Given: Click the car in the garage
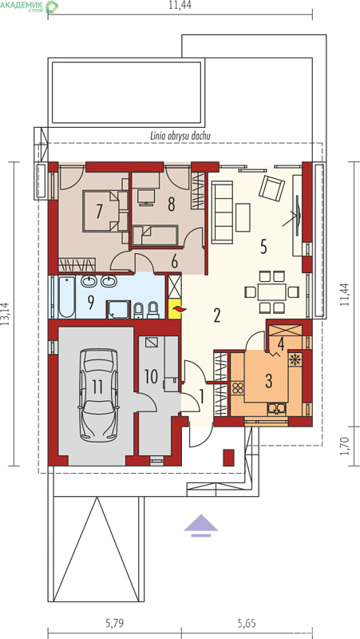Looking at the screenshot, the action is click(x=98, y=395).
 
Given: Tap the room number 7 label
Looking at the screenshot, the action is click(x=98, y=212).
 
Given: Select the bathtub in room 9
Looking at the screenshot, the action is click(x=66, y=297).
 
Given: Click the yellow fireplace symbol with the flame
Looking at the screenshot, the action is click(x=176, y=310).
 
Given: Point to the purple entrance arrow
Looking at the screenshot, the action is click(x=201, y=525).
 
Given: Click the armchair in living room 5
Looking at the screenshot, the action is click(x=272, y=188).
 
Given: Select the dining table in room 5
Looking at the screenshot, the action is click(x=272, y=292).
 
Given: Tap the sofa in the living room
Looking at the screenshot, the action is click(x=223, y=212).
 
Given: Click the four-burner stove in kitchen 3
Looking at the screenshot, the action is click(x=237, y=387).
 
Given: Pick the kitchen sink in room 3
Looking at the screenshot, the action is click(x=277, y=408).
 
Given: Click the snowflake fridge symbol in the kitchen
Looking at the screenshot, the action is click(x=294, y=359).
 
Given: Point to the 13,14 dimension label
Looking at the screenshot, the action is click(x=5, y=314).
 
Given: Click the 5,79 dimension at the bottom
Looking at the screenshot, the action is click(x=115, y=623).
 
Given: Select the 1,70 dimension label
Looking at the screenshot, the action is click(x=346, y=446).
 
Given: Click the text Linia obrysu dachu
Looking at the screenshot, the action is click(x=180, y=136).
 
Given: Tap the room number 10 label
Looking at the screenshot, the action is click(x=151, y=376).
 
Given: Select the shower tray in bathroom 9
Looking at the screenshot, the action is click(x=118, y=310).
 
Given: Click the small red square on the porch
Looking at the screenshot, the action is click(x=229, y=457).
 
